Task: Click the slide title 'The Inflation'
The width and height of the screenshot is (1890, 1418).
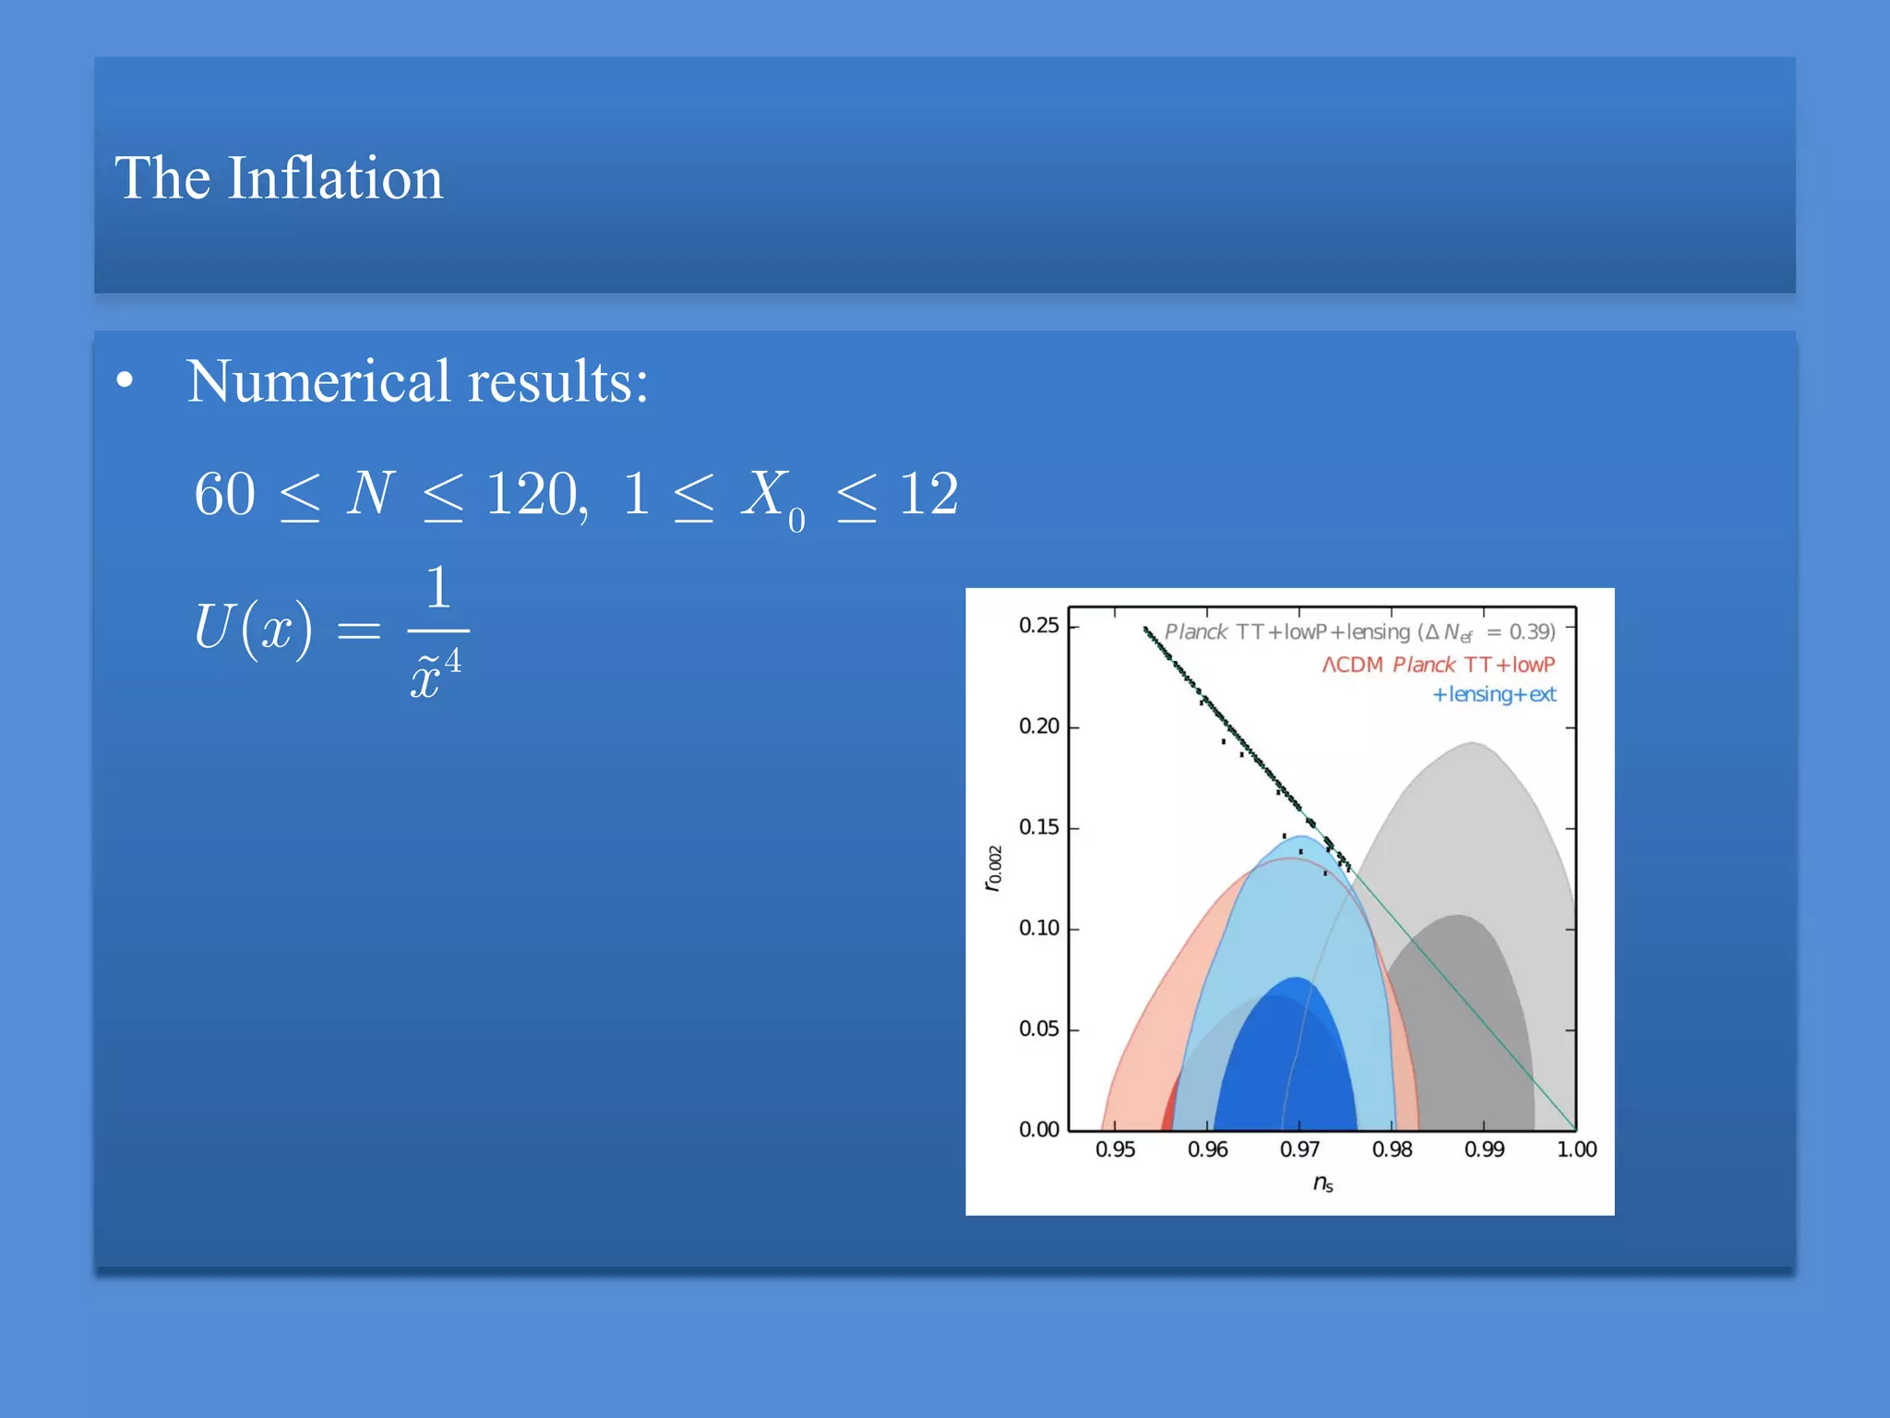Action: coord(279,178)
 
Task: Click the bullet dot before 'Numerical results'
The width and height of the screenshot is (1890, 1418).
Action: coord(126,381)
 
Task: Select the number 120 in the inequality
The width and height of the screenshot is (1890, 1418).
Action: coord(533,494)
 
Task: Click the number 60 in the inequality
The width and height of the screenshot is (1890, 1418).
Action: coord(224,494)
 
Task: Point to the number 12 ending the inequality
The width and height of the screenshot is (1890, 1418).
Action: coord(928,494)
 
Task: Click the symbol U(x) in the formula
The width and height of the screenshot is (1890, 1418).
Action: coord(253,628)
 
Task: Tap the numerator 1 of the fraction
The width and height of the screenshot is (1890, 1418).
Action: coord(437,588)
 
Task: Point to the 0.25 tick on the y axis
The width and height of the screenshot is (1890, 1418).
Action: coord(1038,626)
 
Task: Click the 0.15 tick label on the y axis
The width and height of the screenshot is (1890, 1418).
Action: coord(1038,827)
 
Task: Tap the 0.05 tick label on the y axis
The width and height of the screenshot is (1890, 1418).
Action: coord(1038,1029)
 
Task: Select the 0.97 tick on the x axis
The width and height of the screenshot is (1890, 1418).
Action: coord(1299,1149)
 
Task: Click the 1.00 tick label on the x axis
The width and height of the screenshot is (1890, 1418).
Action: coord(1576,1149)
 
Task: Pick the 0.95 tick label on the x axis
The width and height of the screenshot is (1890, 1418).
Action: coord(1115,1149)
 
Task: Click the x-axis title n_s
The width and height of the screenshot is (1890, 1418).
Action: coord(1322,1184)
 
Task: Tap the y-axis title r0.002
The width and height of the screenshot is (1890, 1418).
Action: coord(993,868)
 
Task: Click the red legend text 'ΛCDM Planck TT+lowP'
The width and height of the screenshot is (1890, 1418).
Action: coord(1438,665)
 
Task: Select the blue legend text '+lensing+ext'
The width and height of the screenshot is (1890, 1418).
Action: coord(1493,694)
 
